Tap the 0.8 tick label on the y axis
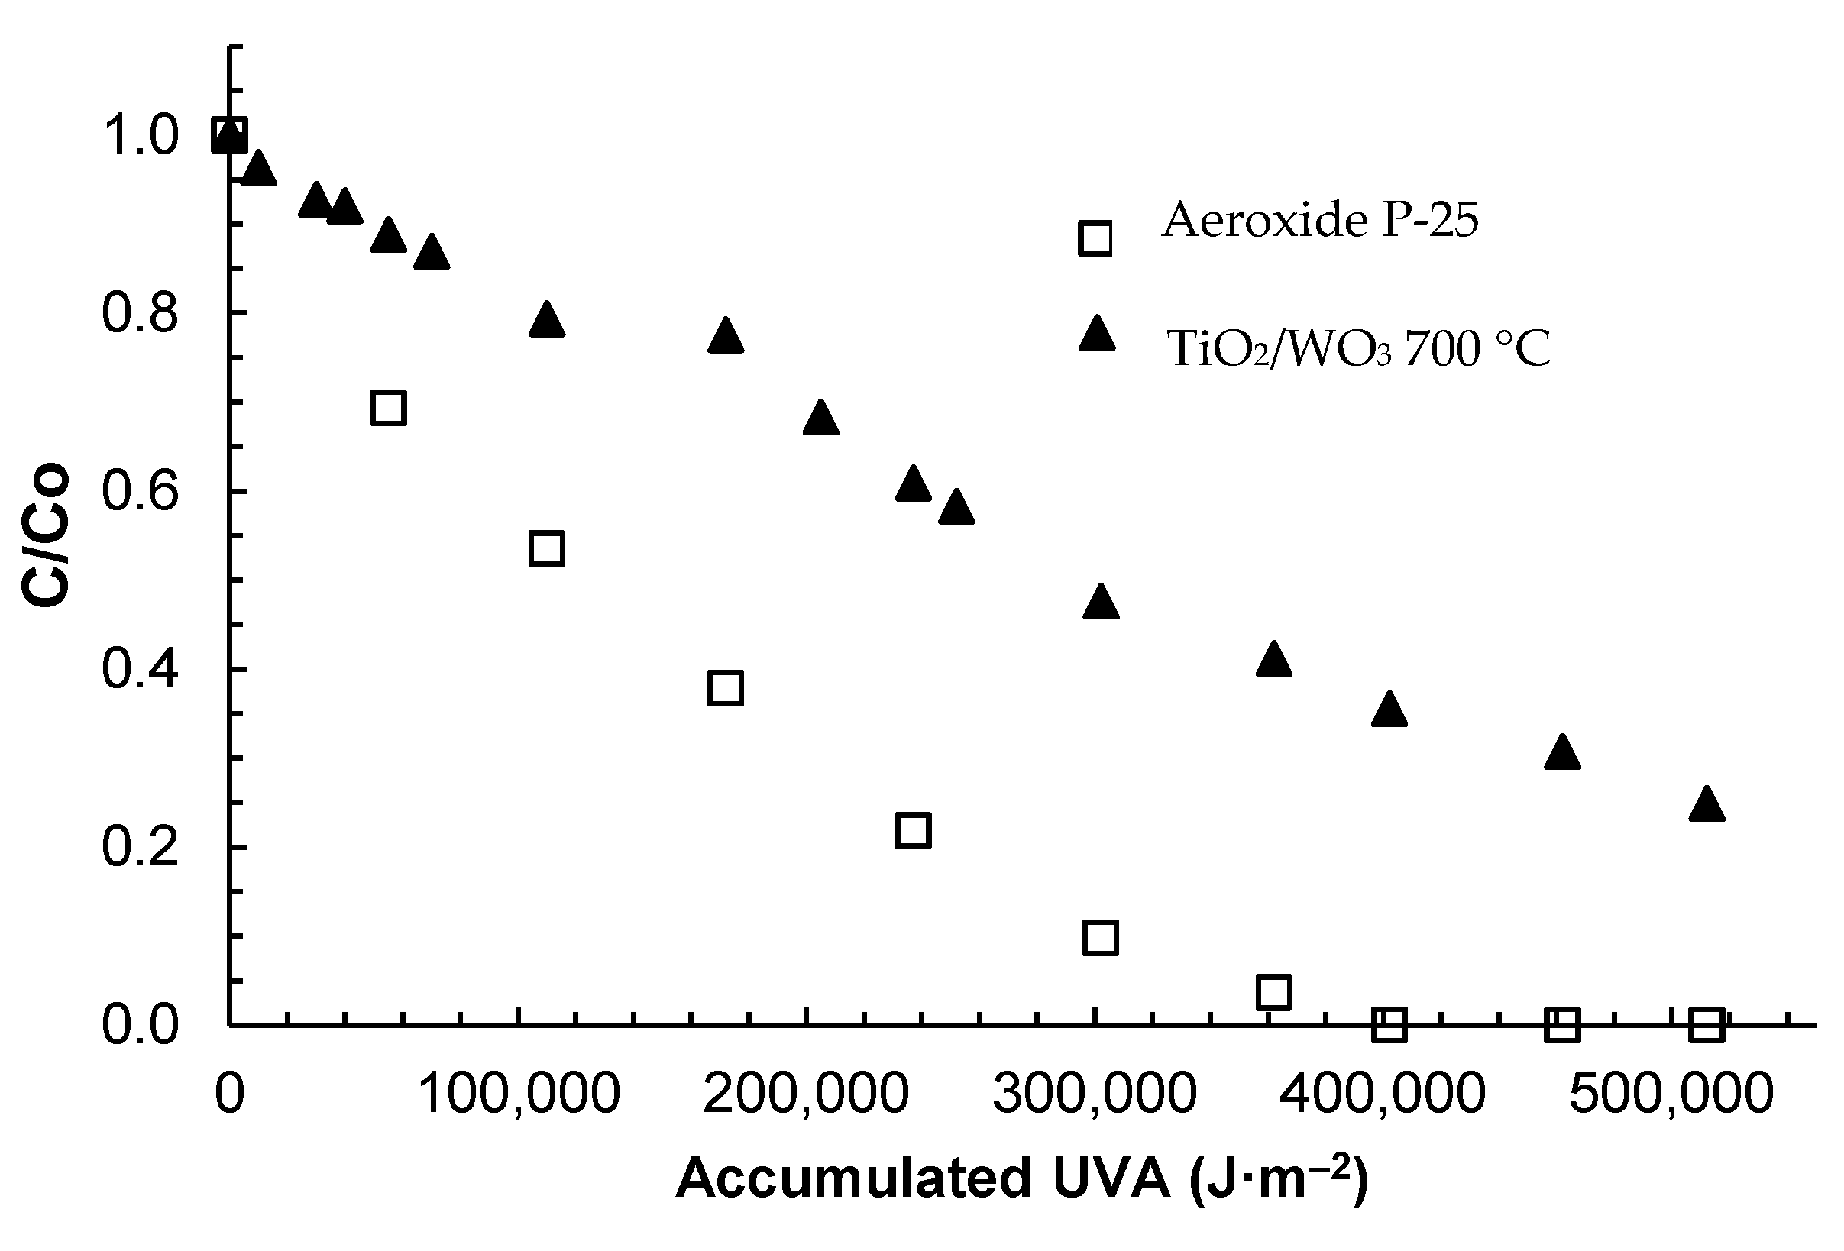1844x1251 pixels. [141, 314]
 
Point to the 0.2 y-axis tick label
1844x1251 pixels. [141, 848]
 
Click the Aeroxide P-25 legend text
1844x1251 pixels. [1320, 220]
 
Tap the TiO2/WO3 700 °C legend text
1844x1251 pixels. [1357, 348]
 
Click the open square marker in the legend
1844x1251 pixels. [1095, 238]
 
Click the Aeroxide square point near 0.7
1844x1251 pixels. [388, 408]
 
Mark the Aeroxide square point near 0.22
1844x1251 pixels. [913, 830]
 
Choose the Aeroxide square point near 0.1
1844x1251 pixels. [1100, 938]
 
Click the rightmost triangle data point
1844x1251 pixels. [1707, 805]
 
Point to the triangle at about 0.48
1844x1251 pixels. [1100, 603]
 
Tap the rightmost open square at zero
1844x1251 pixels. [1707, 1024]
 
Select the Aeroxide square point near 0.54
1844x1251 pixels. [546, 549]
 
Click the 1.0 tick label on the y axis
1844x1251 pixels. [141, 136]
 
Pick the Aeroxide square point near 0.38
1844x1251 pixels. [725, 688]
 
